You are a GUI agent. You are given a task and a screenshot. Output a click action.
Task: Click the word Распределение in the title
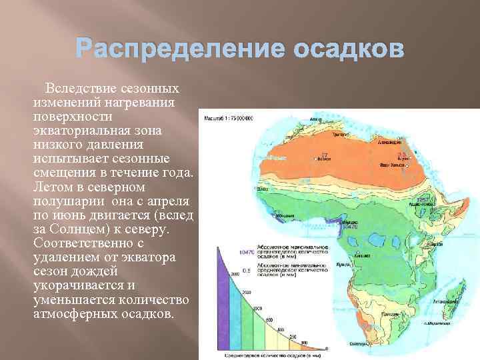tap(179, 50)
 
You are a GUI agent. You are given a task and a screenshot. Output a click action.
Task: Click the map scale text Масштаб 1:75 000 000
tap(233, 118)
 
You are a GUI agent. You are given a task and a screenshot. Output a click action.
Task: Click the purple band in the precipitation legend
tap(223, 300)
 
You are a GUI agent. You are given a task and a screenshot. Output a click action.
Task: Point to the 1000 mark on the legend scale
tap(257, 308)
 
